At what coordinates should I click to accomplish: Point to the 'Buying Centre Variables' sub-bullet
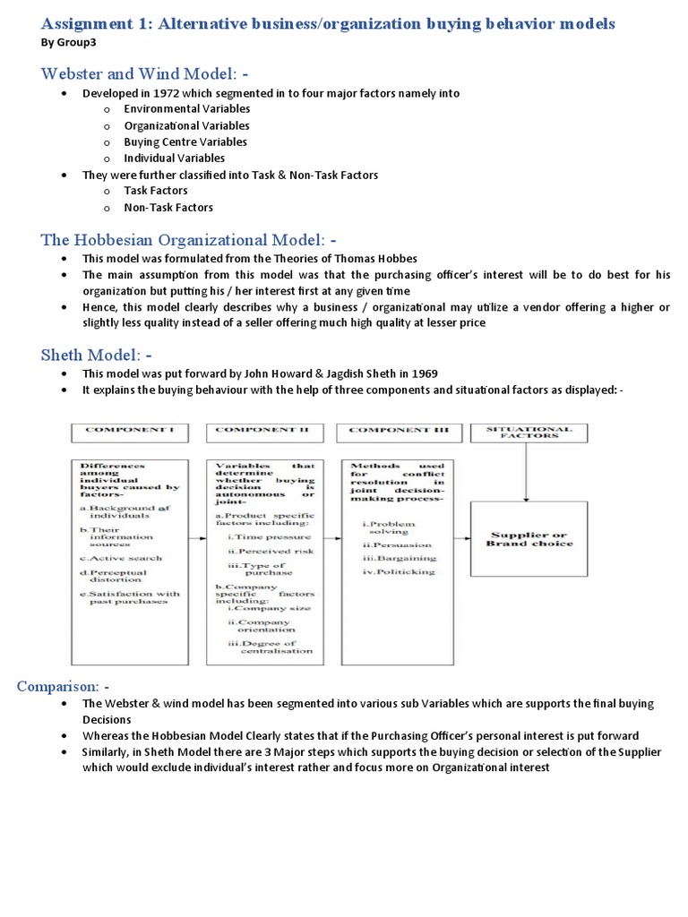(185, 141)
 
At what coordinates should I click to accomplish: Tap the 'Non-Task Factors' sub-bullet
(168, 207)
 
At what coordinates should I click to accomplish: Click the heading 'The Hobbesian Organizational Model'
(184, 239)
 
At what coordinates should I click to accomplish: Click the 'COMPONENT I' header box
(130, 432)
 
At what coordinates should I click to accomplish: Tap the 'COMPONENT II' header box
(264, 432)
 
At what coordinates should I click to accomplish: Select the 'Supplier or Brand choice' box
(529, 539)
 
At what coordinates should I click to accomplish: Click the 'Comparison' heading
(58, 686)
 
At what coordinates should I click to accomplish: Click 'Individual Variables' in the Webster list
(174, 158)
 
